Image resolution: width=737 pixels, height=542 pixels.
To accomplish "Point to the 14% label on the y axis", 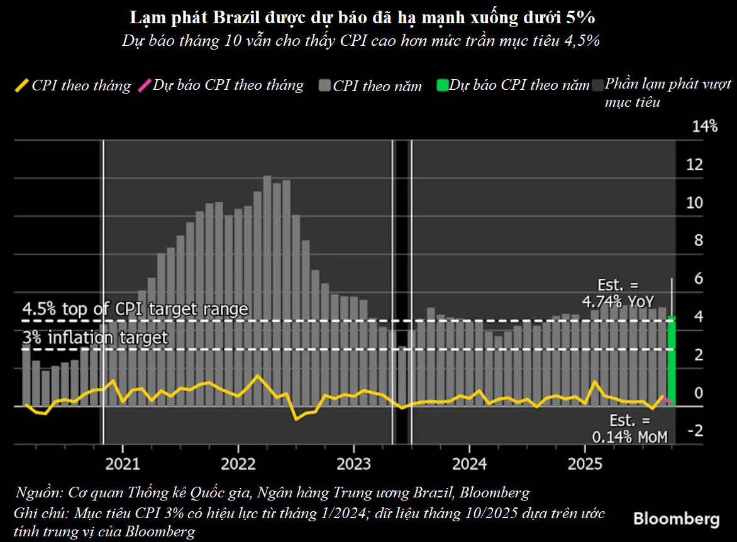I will tap(704, 127).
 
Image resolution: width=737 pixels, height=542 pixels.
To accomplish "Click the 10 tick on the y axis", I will tap(694, 203).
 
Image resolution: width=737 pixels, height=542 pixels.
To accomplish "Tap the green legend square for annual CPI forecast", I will tap(442, 85).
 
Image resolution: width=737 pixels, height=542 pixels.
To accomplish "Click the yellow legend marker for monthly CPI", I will tap(21, 85).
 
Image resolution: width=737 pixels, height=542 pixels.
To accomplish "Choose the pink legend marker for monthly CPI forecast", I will tap(143, 85).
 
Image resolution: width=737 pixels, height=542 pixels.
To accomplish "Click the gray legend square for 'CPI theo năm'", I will tap(325, 85).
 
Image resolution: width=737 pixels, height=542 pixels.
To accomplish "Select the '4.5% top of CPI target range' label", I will tap(135, 310).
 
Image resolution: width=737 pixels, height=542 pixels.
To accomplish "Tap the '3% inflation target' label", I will tap(96, 338).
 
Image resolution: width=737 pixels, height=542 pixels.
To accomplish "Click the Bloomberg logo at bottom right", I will tap(676, 519).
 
